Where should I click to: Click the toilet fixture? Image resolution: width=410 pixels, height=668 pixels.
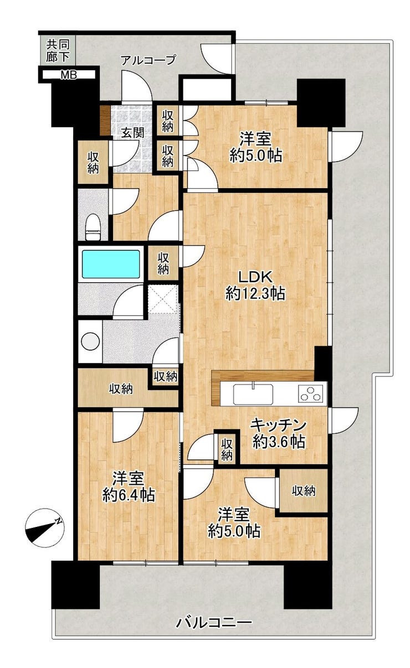point(93,227)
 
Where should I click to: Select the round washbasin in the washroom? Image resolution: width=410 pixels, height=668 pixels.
point(90,341)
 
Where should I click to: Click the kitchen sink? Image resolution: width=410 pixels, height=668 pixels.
point(253,394)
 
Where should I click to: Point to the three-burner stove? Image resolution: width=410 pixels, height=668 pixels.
point(311,394)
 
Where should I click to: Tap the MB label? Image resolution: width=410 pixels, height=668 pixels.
point(69,75)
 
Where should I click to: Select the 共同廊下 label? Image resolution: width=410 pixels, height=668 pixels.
point(58,50)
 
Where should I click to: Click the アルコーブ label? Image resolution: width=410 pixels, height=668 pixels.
point(148,60)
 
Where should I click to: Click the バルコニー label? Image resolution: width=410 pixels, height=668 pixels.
point(214,613)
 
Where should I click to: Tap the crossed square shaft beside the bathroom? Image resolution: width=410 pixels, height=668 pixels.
point(163,298)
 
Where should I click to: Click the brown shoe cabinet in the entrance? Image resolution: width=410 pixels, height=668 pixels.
point(105,121)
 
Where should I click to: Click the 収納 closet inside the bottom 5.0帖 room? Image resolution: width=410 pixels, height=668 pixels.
point(304,491)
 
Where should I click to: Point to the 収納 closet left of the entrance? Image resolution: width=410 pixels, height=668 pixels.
point(93,163)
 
